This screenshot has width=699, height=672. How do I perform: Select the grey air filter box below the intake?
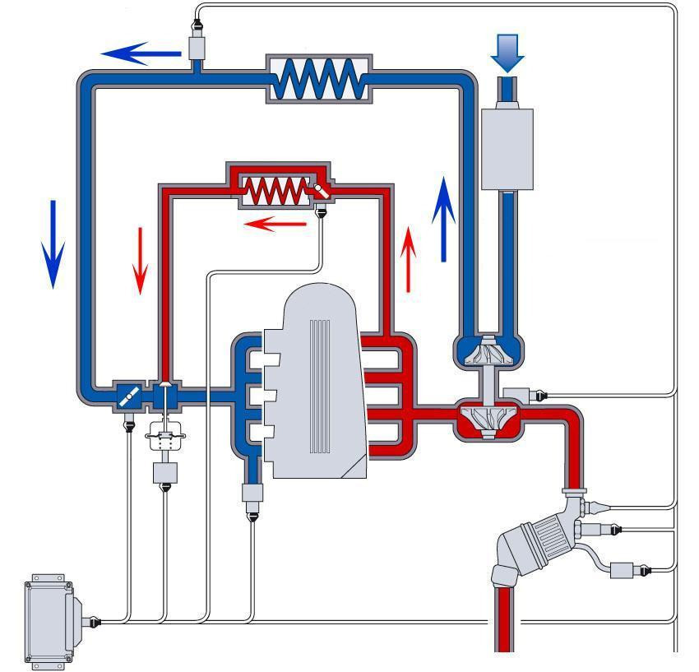[x=506, y=148]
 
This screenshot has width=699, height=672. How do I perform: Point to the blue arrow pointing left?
[x=141, y=53]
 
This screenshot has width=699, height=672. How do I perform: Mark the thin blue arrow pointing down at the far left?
[x=53, y=243]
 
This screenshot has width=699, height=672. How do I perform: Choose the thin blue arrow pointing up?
[x=443, y=219]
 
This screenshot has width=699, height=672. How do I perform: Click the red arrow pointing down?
[x=141, y=259]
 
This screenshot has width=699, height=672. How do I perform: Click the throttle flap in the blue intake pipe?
[x=127, y=396]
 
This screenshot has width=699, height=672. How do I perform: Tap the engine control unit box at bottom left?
[x=50, y=619]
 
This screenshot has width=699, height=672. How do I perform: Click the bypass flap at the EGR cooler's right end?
[x=320, y=190]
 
